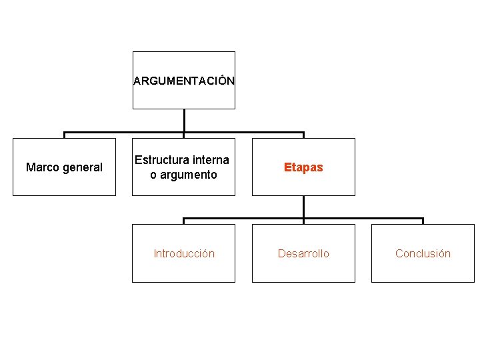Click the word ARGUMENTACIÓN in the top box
(183, 81)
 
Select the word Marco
(41, 167)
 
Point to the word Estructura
(161, 160)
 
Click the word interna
(210, 160)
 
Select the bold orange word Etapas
(303, 167)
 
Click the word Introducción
(184, 253)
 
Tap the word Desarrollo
(303, 253)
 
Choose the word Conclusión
(423, 253)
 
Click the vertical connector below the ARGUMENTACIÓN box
(184, 120)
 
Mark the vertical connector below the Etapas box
(303, 207)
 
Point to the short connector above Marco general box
(64, 135)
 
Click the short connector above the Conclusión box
(423, 221)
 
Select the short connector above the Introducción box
(184, 221)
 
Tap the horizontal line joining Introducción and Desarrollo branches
(243, 218)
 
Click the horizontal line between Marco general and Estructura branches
(124, 132)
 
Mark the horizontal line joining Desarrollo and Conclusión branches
(363, 218)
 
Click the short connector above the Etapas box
(303, 135)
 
